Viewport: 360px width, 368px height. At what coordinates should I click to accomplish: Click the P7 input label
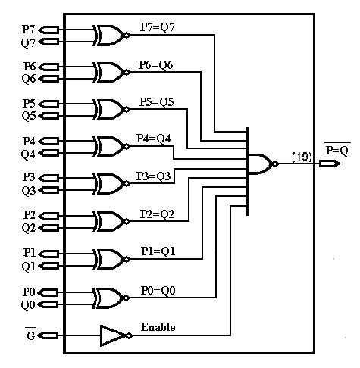(28, 29)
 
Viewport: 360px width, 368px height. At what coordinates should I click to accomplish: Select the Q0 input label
(28, 305)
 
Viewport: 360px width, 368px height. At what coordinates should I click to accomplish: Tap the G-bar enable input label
(31, 334)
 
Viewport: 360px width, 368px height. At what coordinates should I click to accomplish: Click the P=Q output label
(337, 150)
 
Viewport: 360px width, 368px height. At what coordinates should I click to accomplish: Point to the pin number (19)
(302, 157)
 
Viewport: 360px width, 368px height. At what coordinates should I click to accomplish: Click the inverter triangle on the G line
(114, 335)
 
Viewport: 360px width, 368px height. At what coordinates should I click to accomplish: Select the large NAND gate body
(260, 164)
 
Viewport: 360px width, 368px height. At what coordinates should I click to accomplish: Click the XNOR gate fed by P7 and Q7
(109, 36)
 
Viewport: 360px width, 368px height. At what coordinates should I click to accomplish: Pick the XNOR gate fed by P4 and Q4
(109, 147)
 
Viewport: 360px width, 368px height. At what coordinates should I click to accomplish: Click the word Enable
(158, 327)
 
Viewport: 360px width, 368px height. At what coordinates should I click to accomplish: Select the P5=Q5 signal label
(157, 102)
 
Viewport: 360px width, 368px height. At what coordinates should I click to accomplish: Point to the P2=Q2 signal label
(157, 214)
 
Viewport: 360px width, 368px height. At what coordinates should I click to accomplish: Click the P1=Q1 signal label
(158, 251)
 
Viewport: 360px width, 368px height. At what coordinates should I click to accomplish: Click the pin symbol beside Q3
(49, 190)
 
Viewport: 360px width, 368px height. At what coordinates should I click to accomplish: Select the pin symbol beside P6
(49, 67)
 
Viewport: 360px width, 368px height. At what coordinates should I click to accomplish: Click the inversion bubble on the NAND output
(275, 164)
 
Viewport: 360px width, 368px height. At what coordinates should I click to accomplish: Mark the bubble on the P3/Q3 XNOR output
(127, 183)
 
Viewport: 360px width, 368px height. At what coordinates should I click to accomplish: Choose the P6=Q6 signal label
(156, 65)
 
